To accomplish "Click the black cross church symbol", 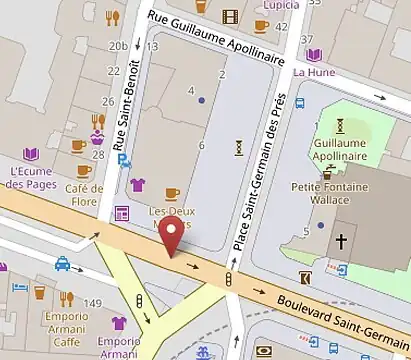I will click(342, 241).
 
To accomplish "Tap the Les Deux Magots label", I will click(171, 217).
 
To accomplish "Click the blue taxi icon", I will click(62, 264).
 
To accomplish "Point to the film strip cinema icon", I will click(231, 15).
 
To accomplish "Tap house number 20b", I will click(118, 46).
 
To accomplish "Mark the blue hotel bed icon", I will click(19, 287).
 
